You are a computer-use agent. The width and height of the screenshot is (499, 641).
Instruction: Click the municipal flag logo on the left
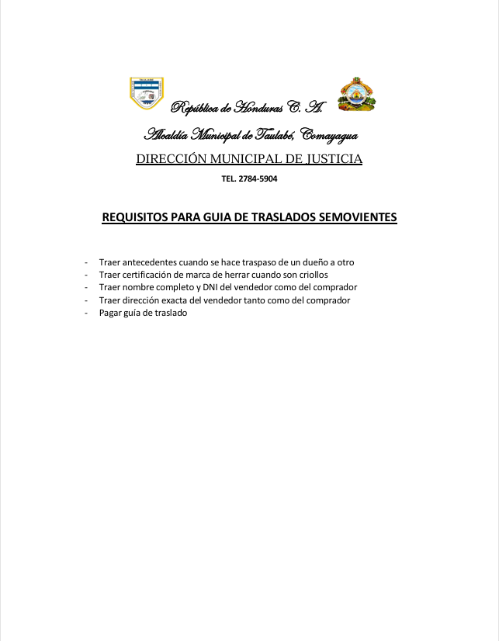pyautogui.click(x=146, y=93)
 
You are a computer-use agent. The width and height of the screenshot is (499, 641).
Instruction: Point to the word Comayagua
pyautogui.click(x=328, y=136)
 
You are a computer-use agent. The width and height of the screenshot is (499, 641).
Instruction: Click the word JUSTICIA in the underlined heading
pyautogui.click(x=331, y=160)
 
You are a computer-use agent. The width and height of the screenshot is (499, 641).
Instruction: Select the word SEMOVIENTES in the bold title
pyautogui.click(x=359, y=217)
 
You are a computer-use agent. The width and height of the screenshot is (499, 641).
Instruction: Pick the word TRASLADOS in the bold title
pyautogui.click(x=284, y=217)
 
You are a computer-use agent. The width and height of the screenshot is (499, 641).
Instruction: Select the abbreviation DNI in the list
pyautogui.click(x=215, y=287)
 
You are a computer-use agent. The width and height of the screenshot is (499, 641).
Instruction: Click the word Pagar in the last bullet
pyautogui.click(x=111, y=312)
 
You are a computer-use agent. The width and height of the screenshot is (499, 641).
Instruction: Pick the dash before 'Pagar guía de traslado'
pyautogui.click(x=86, y=312)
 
